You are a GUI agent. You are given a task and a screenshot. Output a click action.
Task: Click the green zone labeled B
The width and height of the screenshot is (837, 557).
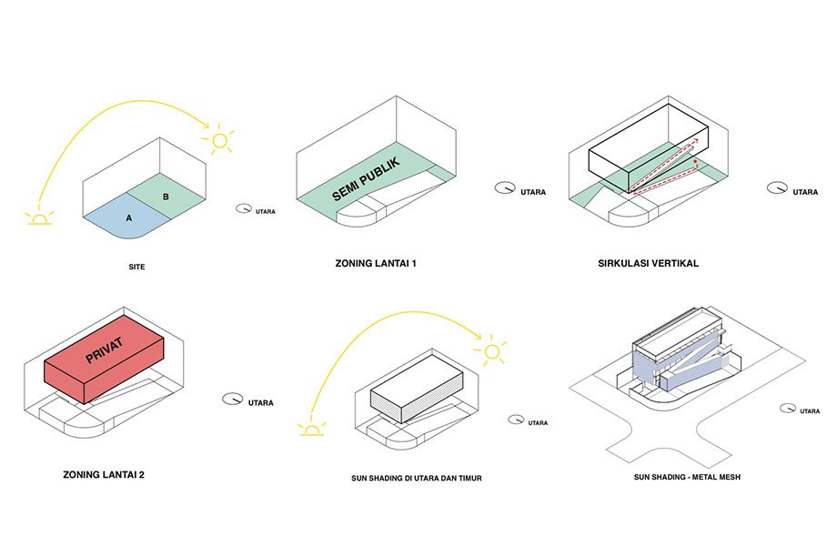click(x=166, y=196)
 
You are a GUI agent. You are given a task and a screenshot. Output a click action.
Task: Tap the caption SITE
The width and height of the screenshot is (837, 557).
click(x=136, y=267)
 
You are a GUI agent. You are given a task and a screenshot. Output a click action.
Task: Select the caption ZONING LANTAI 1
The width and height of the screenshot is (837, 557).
click(x=375, y=263)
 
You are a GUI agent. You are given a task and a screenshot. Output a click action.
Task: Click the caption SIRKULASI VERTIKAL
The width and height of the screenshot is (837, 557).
click(x=648, y=263)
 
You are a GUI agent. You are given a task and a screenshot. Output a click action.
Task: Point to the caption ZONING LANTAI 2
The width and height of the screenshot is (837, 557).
click(x=104, y=474)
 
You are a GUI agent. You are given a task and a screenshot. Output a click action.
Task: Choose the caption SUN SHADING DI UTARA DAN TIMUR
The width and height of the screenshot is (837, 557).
click(x=417, y=478)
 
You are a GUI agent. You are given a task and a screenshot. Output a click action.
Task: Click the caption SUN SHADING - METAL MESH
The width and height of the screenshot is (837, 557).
click(x=687, y=477)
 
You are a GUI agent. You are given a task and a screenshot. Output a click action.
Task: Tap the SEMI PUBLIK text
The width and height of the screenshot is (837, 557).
click(x=366, y=179)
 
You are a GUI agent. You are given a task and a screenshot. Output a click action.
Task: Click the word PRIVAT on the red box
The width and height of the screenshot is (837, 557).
click(x=104, y=349)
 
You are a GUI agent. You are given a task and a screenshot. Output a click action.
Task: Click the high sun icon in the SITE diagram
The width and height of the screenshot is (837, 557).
click(x=219, y=140)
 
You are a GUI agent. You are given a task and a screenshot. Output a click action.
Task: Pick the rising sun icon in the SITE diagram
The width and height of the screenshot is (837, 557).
click(x=39, y=218)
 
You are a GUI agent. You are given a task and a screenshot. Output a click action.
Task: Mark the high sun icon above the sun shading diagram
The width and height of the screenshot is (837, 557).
click(x=491, y=352)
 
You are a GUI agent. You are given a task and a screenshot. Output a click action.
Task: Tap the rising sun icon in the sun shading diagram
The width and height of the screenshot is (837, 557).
click(x=312, y=429)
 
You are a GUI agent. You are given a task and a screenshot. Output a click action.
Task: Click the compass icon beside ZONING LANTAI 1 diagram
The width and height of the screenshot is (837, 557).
click(x=504, y=188)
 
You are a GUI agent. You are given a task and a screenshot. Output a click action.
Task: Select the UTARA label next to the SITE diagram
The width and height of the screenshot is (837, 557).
click(x=266, y=211)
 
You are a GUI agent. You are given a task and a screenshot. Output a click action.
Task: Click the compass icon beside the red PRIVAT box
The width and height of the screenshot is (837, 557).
click(x=232, y=399)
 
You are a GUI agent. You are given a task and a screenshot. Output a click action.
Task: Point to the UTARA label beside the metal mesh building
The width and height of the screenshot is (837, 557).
click(x=810, y=411)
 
